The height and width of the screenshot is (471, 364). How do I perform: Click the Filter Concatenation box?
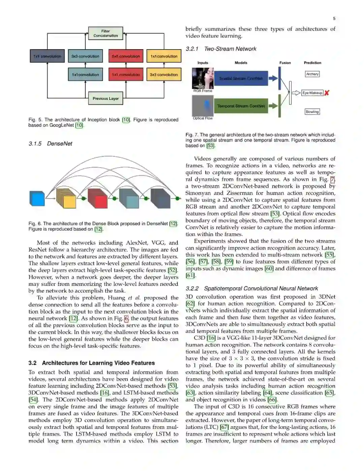tap(105, 33)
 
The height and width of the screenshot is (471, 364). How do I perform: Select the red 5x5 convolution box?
tap(126, 56)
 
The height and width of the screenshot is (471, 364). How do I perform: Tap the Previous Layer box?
tap(105, 98)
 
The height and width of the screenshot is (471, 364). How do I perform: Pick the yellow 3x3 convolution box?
tap(163, 75)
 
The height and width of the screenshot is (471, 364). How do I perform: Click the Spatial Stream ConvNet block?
tap(241, 79)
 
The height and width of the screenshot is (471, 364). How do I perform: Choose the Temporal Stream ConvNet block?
tap(241, 106)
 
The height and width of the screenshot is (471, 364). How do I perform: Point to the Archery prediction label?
tap(312, 74)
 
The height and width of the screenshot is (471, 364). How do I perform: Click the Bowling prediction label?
tap(312, 112)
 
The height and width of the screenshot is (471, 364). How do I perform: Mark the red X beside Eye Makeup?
tap(327, 93)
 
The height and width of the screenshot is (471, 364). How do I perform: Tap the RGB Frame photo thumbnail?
tap(203, 78)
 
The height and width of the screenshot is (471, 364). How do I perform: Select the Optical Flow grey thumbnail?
tap(203, 106)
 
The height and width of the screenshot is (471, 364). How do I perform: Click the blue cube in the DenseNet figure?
tap(37, 199)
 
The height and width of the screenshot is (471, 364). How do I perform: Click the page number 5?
tap(334, 19)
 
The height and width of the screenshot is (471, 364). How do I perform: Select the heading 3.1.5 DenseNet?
tap(51, 144)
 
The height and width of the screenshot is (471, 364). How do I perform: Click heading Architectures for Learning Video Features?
tap(98, 363)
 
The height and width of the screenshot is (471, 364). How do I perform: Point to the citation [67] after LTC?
tap(224, 427)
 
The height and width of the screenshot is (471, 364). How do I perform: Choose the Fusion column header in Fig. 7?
tap(285, 63)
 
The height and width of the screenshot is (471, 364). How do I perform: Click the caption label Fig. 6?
tap(35, 224)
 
